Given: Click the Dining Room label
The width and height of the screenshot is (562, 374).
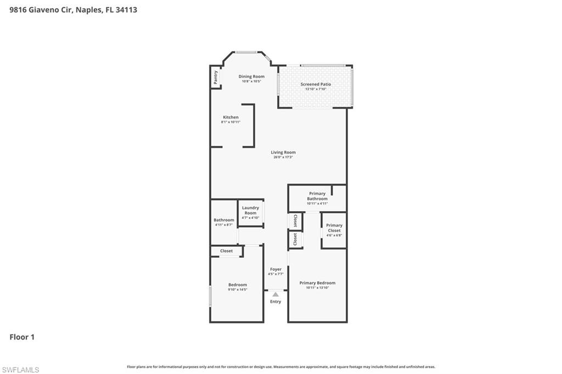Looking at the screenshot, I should tap(251, 76).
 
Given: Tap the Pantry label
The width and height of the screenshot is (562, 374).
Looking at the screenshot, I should tap(216, 77).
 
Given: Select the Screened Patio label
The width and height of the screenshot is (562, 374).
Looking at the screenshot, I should tap(316, 84).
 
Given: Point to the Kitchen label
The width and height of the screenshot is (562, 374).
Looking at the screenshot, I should tap(231, 117).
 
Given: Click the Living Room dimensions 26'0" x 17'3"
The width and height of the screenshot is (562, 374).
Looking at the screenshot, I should tap(284, 157).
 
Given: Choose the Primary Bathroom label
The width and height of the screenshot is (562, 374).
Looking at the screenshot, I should tap(317, 196).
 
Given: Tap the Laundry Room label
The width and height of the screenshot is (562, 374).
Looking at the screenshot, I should tap(250, 210).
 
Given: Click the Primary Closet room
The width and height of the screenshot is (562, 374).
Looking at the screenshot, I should tap(334, 230).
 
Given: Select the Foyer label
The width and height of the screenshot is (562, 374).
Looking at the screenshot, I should tap(276, 269).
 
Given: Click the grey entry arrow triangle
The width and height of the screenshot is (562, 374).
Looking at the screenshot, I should tap(276, 294).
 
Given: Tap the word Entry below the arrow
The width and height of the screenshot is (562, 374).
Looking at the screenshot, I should tap(276, 302).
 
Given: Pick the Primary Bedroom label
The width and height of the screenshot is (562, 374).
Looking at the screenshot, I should tap(317, 283).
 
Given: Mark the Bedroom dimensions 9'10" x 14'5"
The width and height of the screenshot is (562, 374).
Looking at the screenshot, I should tap(238, 289).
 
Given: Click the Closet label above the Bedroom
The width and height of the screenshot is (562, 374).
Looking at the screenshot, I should tap(226, 251).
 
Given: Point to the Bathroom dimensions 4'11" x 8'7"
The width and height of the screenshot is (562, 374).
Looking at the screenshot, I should tap(224, 224).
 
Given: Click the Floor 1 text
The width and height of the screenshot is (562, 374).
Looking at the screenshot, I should tap(22, 337).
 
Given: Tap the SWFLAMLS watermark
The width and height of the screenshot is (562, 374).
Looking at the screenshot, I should tap(20, 370).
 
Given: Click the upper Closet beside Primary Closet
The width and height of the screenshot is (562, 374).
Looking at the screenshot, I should tap(295, 220).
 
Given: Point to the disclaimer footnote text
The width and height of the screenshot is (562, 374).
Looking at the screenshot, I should tap(281, 367).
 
